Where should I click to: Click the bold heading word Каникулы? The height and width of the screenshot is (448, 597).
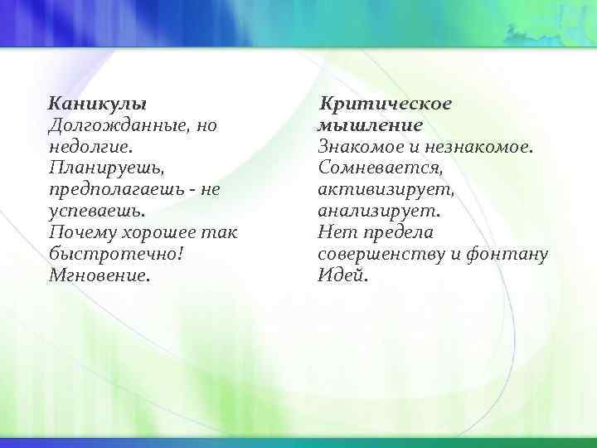(98, 105)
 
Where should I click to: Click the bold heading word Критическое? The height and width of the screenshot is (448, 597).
(386, 105)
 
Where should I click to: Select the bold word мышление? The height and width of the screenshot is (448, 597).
(370, 126)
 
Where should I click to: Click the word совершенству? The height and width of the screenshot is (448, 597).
(381, 254)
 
